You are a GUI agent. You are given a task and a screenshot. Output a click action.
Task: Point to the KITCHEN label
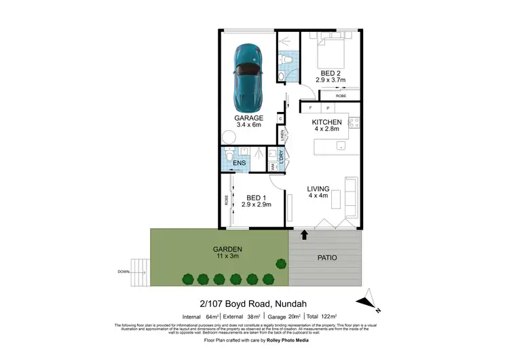326,122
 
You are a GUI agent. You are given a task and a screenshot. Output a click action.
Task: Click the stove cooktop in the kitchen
353,123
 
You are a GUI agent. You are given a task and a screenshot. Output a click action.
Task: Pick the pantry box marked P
327,108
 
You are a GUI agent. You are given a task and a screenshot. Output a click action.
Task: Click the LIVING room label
318,188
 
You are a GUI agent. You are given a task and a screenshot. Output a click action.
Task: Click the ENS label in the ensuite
239,164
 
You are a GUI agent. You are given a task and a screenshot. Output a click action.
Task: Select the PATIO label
326,257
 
